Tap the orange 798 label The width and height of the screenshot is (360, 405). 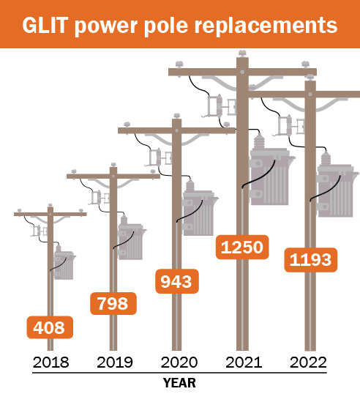(113, 302)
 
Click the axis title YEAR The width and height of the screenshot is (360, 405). (180, 382)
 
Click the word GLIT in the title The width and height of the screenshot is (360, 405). (46, 25)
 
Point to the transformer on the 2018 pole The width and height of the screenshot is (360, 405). (64, 265)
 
